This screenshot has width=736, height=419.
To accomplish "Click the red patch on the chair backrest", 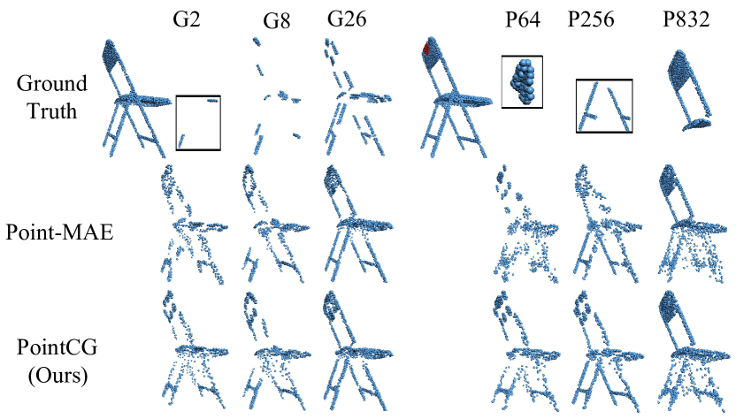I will click(425, 48).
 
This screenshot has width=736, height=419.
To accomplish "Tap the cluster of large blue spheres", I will click(522, 80).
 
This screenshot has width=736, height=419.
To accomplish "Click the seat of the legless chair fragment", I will click(699, 123).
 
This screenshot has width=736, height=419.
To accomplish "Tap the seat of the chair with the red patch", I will click(464, 100).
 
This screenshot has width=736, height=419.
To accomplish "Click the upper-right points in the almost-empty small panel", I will click(212, 101).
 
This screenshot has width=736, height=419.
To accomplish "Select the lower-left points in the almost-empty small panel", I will click(181, 140).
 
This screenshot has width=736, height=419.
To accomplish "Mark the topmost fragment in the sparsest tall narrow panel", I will click(257, 42).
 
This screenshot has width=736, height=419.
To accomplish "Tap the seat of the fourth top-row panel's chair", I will click(367, 96).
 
